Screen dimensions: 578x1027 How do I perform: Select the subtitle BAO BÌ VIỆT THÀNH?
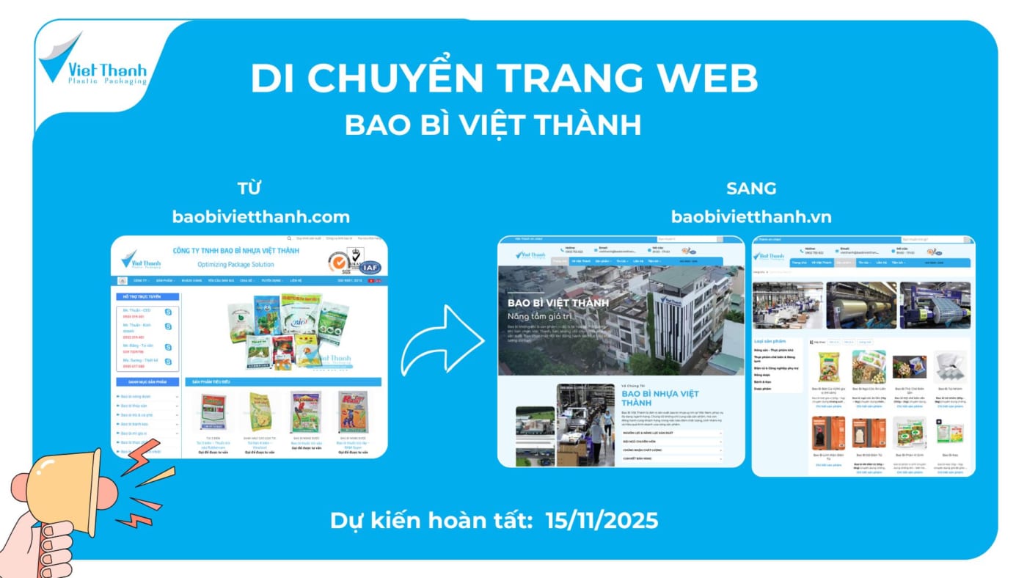point(493,124)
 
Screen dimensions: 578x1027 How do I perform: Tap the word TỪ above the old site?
point(249,189)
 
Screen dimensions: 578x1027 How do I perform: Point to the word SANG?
point(750,189)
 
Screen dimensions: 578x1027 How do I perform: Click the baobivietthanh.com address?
point(260,217)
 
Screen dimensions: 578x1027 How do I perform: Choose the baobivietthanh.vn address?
point(750,217)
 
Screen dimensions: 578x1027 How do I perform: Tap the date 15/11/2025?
point(602,520)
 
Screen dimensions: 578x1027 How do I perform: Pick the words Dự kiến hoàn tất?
point(431,520)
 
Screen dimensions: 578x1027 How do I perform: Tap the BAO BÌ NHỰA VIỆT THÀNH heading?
point(659,398)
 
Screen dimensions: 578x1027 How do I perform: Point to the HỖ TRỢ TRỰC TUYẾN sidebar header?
point(147,297)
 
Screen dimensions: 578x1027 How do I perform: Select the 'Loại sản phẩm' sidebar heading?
point(770,341)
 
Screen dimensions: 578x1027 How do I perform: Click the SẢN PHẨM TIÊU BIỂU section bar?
point(282,382)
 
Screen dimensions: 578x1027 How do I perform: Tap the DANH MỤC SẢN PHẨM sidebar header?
point(147,382)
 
